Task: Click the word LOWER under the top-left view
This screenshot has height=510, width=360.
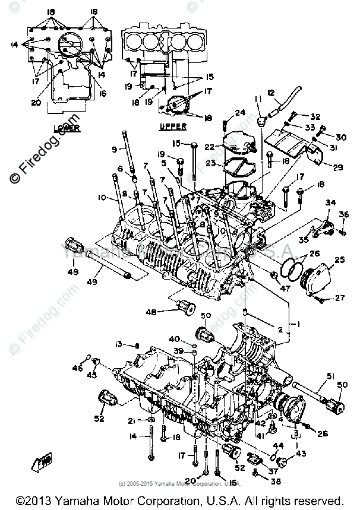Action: (x=66, y=128)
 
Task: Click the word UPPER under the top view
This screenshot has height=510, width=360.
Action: (x=173, y=126)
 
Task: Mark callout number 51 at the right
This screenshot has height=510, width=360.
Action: (x=331, y=375)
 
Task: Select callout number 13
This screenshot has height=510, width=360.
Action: (x=118, y=344)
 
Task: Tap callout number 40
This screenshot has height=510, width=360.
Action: (x=175, y=339)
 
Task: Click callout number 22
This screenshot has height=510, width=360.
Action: (x=209, y=147)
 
